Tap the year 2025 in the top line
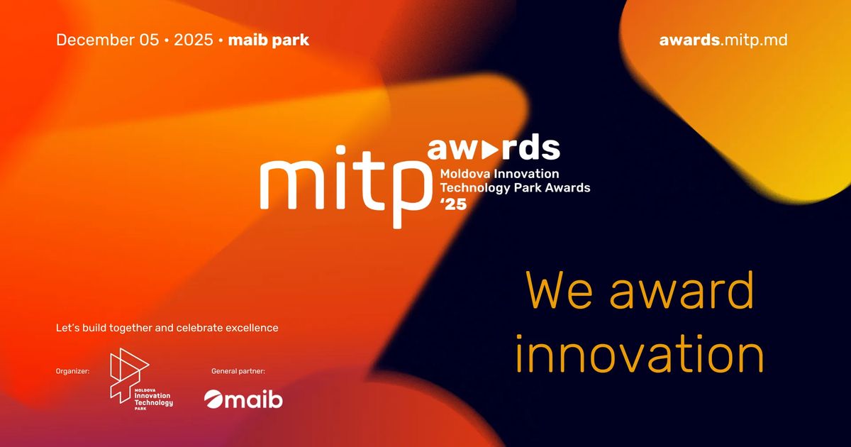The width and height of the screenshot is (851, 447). [x=194, y=40]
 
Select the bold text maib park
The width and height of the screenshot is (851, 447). [x=268, y=40]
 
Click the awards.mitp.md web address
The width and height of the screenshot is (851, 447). [x=723, y=40]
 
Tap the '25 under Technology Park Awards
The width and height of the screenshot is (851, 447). [x=453, y=204]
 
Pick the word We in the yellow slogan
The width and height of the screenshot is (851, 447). [x=560, y=291]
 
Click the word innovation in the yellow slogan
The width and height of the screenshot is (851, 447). [x=639, y=353]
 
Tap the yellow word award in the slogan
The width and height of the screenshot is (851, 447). [x=682, y=289]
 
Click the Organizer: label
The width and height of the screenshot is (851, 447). [x=72, y=371]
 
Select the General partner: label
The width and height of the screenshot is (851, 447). [x=238, y=371]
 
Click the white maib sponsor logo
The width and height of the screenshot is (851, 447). [x=243, y=399]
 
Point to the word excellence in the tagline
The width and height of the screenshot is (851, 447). [x=252, y=328]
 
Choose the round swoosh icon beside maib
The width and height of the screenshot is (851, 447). [x=213, y=399]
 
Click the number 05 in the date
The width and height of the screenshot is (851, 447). [x=148, y=40]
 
